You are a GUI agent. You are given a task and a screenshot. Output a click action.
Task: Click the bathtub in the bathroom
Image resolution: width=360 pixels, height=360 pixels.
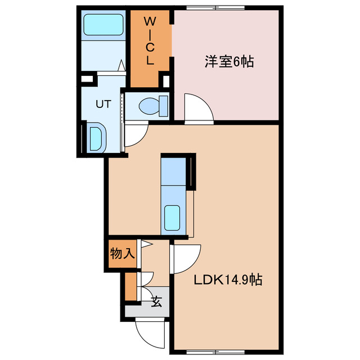pyautogui.click(x=103, y=25)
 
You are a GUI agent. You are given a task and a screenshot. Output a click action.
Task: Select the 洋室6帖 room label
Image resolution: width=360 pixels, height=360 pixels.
pyautogui.click(x=228, y=62)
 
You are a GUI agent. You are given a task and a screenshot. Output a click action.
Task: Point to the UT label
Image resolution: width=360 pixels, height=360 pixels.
pyautogui.click(x=102, y=103)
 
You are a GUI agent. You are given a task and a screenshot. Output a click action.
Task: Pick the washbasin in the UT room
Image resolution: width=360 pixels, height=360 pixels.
pyautogui.click(x=96, y=137)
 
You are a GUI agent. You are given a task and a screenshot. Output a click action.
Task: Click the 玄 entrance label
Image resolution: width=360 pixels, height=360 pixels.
pyautogui.click(x=156, y=302)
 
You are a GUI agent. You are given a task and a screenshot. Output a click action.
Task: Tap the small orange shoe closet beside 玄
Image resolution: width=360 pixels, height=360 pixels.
pyautogui.click(x=130, y=286)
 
